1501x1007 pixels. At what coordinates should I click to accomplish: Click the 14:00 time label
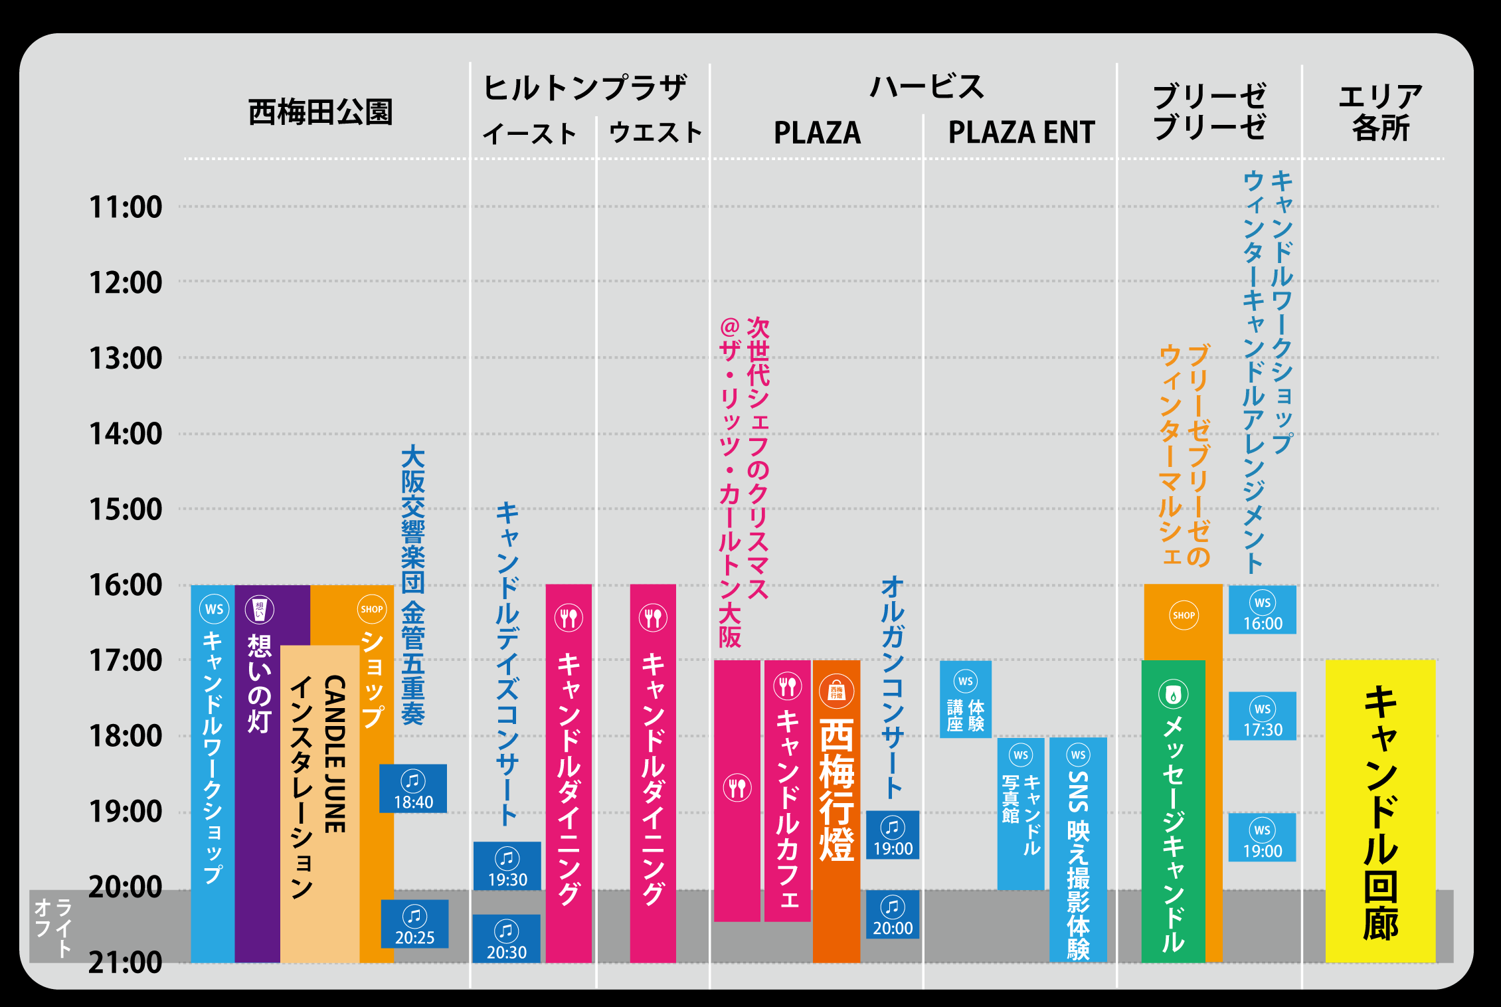(126, 434)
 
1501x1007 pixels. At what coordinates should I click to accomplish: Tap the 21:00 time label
(126, 962)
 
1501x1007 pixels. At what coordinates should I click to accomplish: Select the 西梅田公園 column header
(320, 112)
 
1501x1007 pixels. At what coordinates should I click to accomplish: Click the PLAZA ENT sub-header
(1021, 132)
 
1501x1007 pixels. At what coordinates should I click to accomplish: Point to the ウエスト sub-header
(655, 132)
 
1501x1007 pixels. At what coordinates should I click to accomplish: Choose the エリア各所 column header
(1380, 112)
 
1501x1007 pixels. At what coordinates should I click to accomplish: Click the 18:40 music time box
(413, 788)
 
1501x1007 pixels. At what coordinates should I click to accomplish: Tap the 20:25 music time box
(414, 924)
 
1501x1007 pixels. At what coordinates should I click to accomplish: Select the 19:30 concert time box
(507, 866)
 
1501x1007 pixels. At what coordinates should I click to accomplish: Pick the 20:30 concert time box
(507, 939)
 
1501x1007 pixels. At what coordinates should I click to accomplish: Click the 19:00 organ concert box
(893, 835)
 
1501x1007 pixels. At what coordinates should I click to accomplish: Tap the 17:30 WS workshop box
(1263, 716)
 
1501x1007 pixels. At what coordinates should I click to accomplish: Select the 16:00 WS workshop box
(1263, 610)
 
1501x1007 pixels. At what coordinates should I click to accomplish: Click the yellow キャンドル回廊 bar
(1380, 810)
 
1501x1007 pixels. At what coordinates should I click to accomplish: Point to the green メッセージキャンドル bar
(1173, 810)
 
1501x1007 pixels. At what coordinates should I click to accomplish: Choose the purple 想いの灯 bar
(258, 771)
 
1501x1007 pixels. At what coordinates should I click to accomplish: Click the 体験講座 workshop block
(966, 699)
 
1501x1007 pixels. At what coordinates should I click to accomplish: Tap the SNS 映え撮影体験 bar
(1078, 850)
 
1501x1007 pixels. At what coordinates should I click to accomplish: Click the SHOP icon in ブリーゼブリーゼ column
(1184, 615)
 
